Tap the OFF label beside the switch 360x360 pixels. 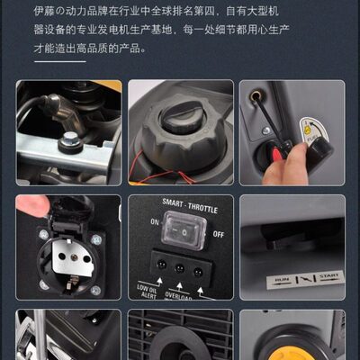pos(217,233)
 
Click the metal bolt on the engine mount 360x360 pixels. pos(68,142)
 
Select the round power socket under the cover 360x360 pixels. pos(67,261)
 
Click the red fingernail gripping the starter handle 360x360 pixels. pos(279,155)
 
